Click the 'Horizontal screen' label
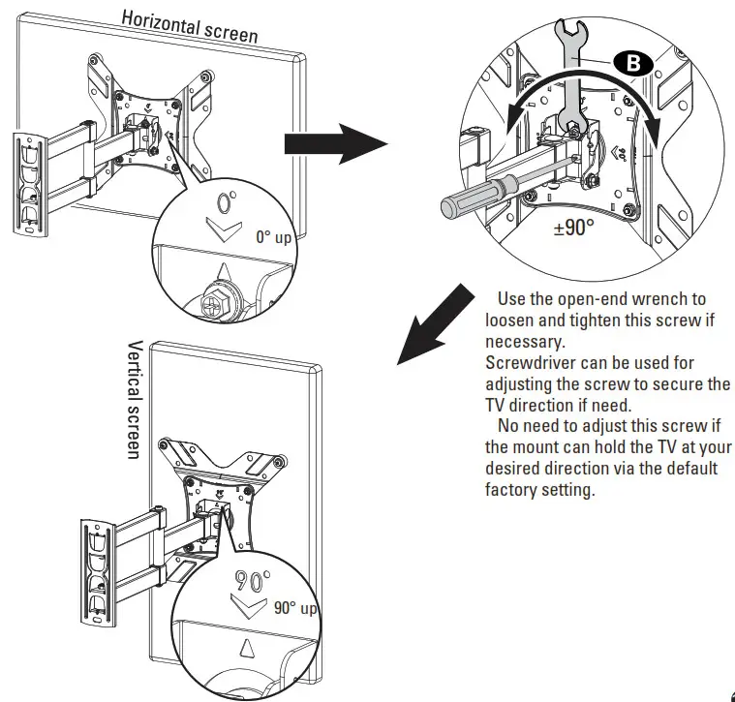pyautogui.click(x=189, y=26)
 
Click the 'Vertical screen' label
pyautogui.click(x=136, y=399)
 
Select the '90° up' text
pyautogui.click(x=294, y=608)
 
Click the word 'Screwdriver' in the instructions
pyautogui.click(x=529, y=363)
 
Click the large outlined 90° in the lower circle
pyautogui.click(x=253, y=582)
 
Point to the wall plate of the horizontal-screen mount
pyautogui.click(x=30, y=184)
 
